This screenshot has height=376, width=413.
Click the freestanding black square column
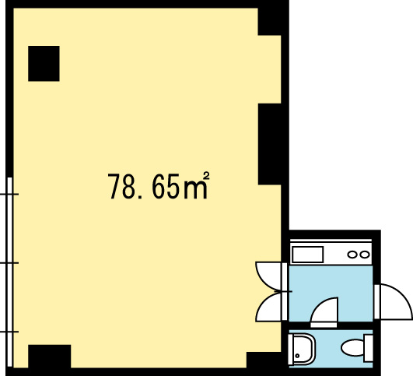coord(44,64)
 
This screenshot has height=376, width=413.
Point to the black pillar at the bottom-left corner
coord(50,356)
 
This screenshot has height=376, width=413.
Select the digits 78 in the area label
coord(121,186)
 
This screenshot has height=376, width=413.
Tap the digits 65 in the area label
coord(166,186)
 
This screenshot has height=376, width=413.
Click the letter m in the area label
coord(195,189)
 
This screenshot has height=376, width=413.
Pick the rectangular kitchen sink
coord(308,255)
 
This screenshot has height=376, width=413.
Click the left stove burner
coord(352,255)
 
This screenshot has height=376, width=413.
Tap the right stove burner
coord(365,255)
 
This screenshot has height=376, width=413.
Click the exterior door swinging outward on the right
coord(394,302)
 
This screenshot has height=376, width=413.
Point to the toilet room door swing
coord(324,312)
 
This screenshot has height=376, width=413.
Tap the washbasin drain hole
coord(297,356)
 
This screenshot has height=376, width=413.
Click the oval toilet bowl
coord(352,348)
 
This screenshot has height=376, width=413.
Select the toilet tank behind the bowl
coord(368,348)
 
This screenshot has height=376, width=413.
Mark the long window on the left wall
coord(9,272)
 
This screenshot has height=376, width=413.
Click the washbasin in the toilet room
coord(302,349)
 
